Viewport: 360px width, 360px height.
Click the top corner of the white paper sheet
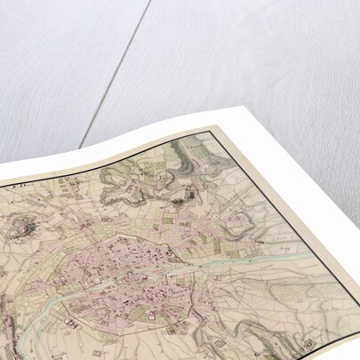tap(238, 108)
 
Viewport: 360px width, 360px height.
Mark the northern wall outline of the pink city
tap(133, 236)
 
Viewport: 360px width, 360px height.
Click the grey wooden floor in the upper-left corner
tap(36, 36)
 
